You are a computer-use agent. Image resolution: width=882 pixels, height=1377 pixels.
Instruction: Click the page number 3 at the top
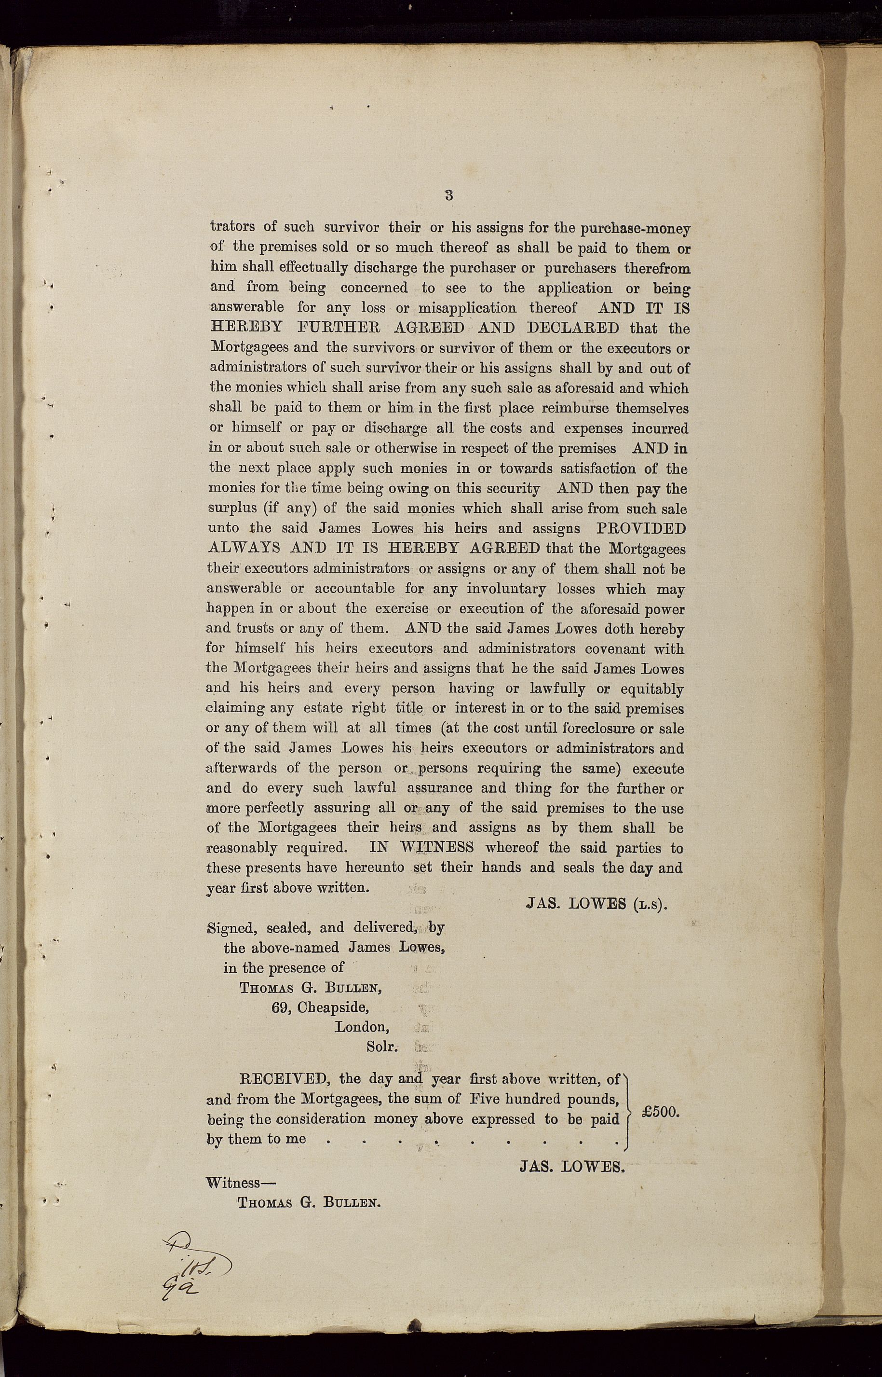coord(449,195)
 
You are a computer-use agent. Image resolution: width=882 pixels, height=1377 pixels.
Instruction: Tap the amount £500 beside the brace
coord(660,1111)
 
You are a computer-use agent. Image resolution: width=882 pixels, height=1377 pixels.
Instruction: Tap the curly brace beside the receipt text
coord(629,1109)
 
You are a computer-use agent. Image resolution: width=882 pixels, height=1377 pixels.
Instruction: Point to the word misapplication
coord(467,308)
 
